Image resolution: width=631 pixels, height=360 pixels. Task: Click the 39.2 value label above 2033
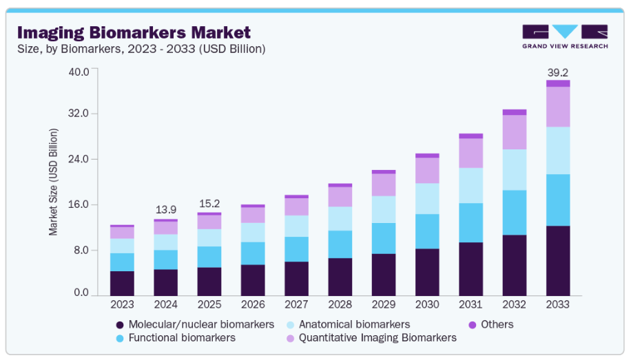point(557,72)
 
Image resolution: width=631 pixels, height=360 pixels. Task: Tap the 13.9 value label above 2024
point(165,209)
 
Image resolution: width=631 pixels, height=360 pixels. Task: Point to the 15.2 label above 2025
point(209,203)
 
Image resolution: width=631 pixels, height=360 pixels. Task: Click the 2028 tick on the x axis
point(340,304)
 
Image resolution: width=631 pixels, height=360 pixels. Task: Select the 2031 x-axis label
point(470,304)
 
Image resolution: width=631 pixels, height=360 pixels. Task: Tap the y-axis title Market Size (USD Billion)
point(53,182)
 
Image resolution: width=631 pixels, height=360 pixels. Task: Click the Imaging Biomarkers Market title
point(134,32)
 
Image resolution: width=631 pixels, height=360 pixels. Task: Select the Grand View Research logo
point(565,36)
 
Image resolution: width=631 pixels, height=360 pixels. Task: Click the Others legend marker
point(473,324)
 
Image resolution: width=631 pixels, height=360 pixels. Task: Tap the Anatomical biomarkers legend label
point(355,324)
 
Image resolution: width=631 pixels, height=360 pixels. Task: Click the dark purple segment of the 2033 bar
point(558,260)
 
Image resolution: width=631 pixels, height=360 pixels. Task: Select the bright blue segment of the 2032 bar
point(514,213)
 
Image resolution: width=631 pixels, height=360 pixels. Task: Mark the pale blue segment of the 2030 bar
point(427,198)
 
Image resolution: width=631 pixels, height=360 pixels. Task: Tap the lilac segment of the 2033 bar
point(558,107)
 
